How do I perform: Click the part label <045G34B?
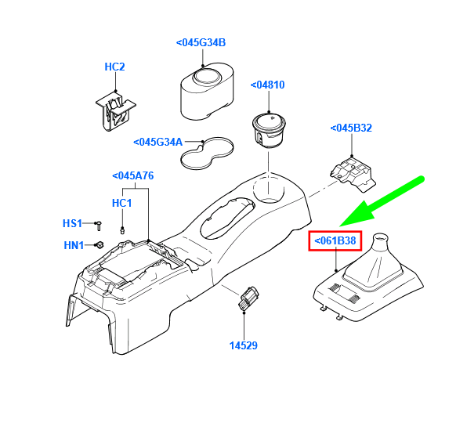click(201, 43)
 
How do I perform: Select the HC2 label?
click(114, 67)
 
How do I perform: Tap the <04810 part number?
click(267, 85)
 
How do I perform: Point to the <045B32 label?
click(351, 128)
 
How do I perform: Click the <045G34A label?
click(158, 143)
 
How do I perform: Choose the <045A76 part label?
click(133, 176)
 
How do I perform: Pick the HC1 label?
click(122, 203)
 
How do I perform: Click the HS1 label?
click(72, 223)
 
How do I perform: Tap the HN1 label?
click(74, 245)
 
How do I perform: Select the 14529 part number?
click(244, 345)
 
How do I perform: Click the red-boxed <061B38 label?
click(335, 240)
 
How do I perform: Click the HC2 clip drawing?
click(116, 111)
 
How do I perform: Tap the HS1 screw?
click(99, 226)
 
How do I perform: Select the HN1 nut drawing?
click(100, 245)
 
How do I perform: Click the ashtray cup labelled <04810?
click(269, 130)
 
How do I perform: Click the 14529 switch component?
click(248, 298)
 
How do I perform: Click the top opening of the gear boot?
click(380, 237)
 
